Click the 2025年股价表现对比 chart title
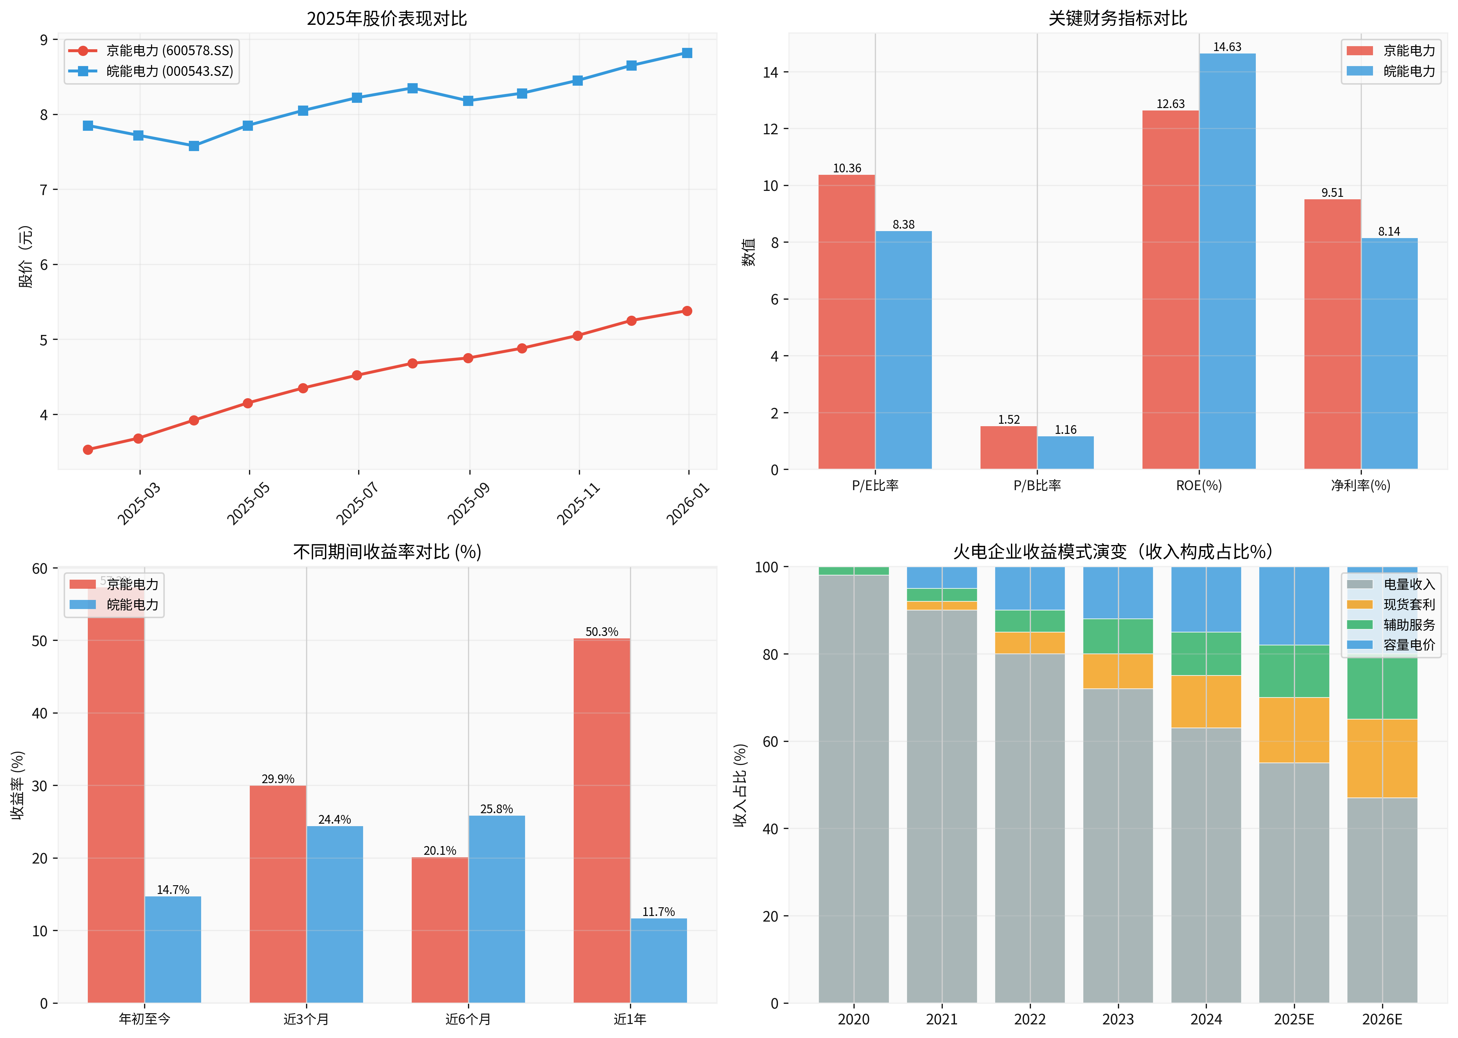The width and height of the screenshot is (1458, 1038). (387, 19)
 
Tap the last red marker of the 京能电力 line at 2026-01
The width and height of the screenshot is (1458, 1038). (687, 311)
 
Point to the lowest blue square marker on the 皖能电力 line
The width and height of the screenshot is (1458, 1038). (194, 146)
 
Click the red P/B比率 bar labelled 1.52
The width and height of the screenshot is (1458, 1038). (1008, 448)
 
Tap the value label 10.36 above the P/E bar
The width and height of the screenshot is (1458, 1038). (847, 168)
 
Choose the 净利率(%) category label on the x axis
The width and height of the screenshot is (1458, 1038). (1361, 486)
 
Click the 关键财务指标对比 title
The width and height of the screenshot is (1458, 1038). (1117, 19)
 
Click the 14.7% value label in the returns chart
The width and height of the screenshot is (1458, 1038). (173, 890)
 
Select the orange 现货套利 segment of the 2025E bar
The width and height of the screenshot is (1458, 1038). (1294, 730)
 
